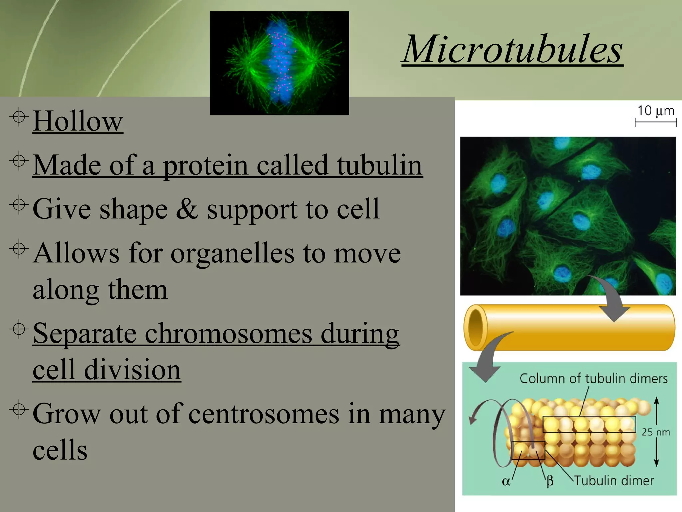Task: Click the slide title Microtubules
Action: coord(512,49)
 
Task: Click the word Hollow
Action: coord(78,121)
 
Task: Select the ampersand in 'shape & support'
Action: coord(187,209)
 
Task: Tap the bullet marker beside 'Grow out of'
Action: coord(19,409)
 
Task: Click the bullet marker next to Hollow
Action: coord(19,117)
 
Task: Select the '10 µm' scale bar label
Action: coord(655,111)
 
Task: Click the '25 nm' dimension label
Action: coord(655,432)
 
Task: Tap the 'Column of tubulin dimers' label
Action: coord(593,379)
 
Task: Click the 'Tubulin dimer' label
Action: coord(614,481)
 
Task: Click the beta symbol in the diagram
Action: coord(550,481)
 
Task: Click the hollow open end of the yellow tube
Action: coord(476,327)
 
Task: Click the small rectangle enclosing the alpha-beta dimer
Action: coord(528,450)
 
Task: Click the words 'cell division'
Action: coord(107,370)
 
